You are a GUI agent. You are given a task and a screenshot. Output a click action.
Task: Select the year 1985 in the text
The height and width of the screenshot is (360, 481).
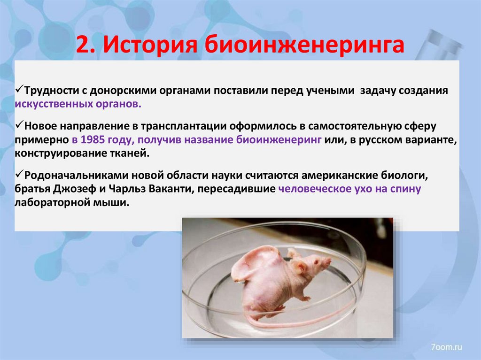[x=96, y=139]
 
